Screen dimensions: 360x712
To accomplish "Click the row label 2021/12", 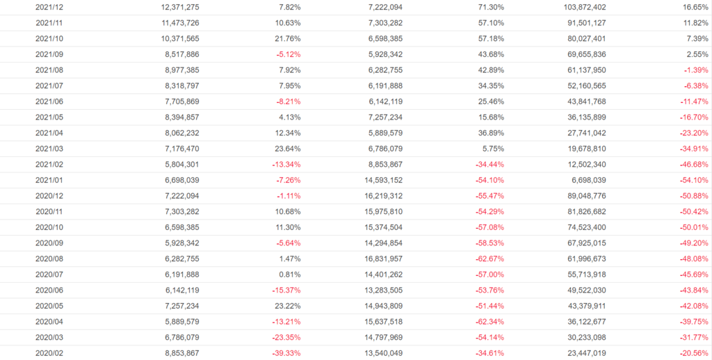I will (x=48, y=7).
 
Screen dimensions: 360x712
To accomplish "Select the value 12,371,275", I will (x=175, y=7).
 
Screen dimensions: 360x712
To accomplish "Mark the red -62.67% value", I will (x=487, y=258).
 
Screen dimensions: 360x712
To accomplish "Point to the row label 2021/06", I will (x=48, y=101).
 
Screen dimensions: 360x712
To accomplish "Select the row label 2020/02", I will (x=48, y=352).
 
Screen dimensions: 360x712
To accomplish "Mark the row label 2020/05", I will (x=48, y=305).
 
